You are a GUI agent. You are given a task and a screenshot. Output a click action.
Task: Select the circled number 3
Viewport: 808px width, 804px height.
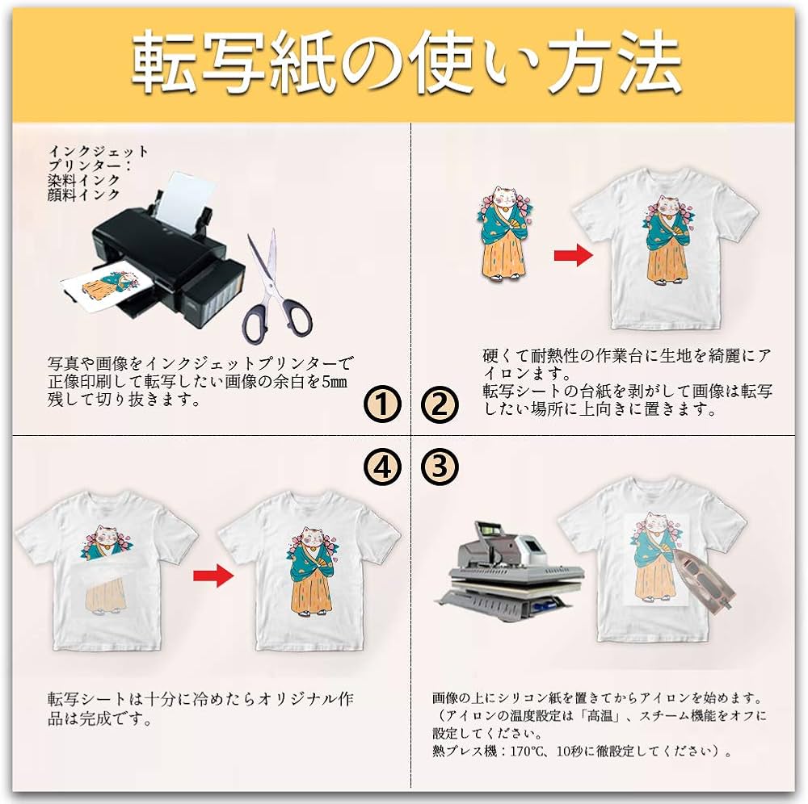[x=440, y=466]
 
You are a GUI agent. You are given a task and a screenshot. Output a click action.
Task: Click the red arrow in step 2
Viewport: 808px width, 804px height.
[x=573, y=256]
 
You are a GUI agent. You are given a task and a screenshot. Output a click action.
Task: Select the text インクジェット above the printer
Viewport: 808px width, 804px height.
[x=99, y=151]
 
